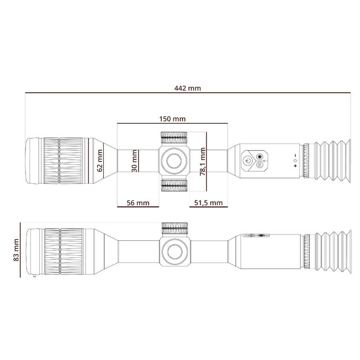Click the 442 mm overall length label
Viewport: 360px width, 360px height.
pyautogui.click(x=187, y=88)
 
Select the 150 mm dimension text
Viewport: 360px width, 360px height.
pyautogui.click(x=172, y=119)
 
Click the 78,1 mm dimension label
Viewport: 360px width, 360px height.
pyautogui.click(x=203, y=163)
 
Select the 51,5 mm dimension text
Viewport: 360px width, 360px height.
pyautogui.click(x=208, y=203)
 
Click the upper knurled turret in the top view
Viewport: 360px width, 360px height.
pyautogui.click(x=174, y=137)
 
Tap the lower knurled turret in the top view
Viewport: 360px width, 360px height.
pyautogui.click(x=174, y=185)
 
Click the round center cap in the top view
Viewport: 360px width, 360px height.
pyautogui.click(x=174, y=161)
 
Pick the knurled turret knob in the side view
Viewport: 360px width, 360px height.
pyautogui.click(x=174, y=228)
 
